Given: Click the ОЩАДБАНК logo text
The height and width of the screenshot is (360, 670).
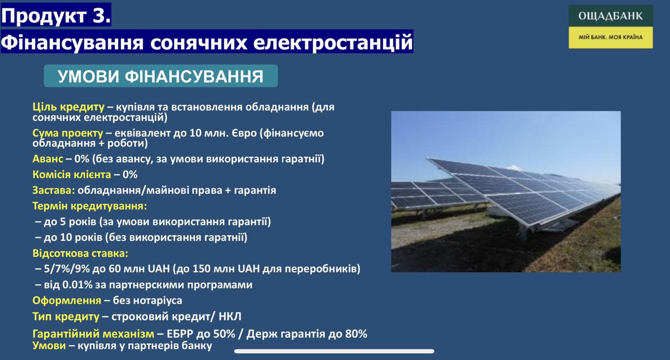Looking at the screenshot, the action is pyautogui.click(x=610, y=15).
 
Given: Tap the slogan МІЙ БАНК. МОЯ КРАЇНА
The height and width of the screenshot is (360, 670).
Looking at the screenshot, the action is pyautogui.click(x=610, y=37).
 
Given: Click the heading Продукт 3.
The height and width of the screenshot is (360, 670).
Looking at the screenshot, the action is pyautogui.click(x=56, y=15).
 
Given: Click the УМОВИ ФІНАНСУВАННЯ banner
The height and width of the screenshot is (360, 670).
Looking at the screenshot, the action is pyautogui.click(x=161, y=76).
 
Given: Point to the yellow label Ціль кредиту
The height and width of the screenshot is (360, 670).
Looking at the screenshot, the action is pyautogui.click(x=68, y=107).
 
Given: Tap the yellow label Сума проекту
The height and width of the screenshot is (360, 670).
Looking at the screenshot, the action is pyautogui.click(x=67, y=133).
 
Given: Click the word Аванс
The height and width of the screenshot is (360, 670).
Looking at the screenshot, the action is pyautogui.click(x=48, y=159).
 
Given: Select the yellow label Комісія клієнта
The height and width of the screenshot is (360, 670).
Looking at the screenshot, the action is pyautogui.click(x=72, y=174).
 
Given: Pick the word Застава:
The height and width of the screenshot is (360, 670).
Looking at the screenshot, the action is pyautogui.click(x=54, y=190).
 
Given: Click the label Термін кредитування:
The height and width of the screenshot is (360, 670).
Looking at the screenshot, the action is pyautogui.click(x=90, y=206).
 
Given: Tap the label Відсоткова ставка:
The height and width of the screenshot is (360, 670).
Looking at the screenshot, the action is pyautogui.click(x=80, y=253).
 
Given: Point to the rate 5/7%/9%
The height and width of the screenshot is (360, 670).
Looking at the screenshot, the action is pyautogui.click(x=67, y=269).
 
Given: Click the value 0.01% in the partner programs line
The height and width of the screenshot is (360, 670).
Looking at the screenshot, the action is pyautogui.click(x=77, y=285).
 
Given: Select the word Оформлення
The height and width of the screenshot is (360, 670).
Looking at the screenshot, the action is pyautogui.click(x=67, y=300).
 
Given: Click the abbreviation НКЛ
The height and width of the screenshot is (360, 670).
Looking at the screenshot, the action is pyautogui.click(x=230, y=316).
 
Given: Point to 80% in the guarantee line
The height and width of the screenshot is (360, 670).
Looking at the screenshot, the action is pyautogui.click(x=356, y=333).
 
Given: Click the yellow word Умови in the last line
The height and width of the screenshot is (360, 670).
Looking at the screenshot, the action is pyautogui.click(x=49, y=346).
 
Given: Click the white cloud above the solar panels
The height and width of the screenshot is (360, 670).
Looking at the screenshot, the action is pyautogui.click(x=514, y=168).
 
